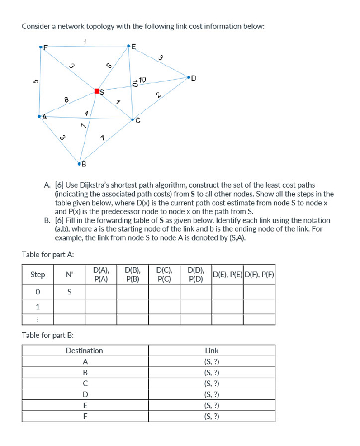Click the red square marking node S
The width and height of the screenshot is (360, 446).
[96, 91]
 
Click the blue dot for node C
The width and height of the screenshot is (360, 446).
[133, 120]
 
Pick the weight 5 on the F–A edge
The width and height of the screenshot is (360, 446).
[33, 81]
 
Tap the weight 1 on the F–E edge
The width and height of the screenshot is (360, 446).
[84, 42]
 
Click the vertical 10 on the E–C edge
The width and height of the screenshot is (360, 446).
[134, 83]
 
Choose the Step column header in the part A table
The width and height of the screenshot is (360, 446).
[38, 275]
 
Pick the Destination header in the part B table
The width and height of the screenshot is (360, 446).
[85, 351]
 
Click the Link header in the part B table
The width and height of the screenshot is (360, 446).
[211, 351]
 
